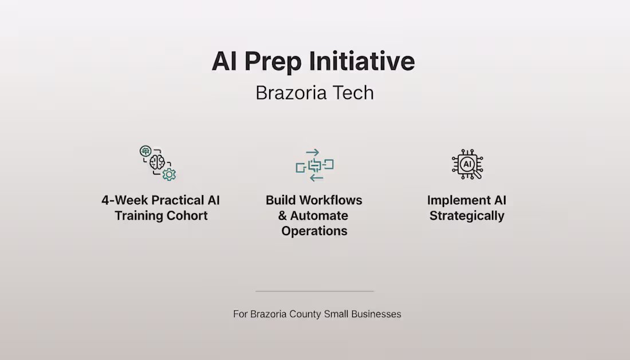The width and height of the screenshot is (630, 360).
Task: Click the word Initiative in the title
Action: pyautogui.click(x=361, y=61)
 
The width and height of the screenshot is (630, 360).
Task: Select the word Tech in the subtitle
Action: pyautogui.click(x=353, y=93)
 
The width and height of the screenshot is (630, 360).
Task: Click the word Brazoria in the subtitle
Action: pyautogui.click(x=292, y=93)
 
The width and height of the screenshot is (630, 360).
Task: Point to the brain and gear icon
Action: pyautogui.click(x=158, y=163)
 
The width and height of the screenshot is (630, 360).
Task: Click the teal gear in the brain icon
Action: pyautogui.click(x=169, y=174)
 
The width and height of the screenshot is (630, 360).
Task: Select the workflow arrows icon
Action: pyautogui.click(x=314, y=165)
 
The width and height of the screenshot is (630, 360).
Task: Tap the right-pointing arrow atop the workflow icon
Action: pyautogui.click(x=312, y=152)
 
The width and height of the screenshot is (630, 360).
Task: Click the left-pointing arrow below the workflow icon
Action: pyautogui.click(x=316, y=178)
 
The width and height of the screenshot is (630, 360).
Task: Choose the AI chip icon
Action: pyautogui.click(x=467, y=164)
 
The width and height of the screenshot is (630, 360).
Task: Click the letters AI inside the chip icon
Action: pyautogui.click(x=467, y=164)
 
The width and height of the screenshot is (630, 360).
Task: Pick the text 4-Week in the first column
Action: pyautogui.click(x=124, y=200)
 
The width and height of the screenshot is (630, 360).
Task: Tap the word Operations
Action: pyautogui.click(x=314, y=231)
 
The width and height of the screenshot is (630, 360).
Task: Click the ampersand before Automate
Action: pyautogui.click(x=282, y=216)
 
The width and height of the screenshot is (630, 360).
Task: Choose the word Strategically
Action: pyautogui.click(x=467, y=216)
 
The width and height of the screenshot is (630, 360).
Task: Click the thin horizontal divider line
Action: pyautogui.click(x=314, y=291)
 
